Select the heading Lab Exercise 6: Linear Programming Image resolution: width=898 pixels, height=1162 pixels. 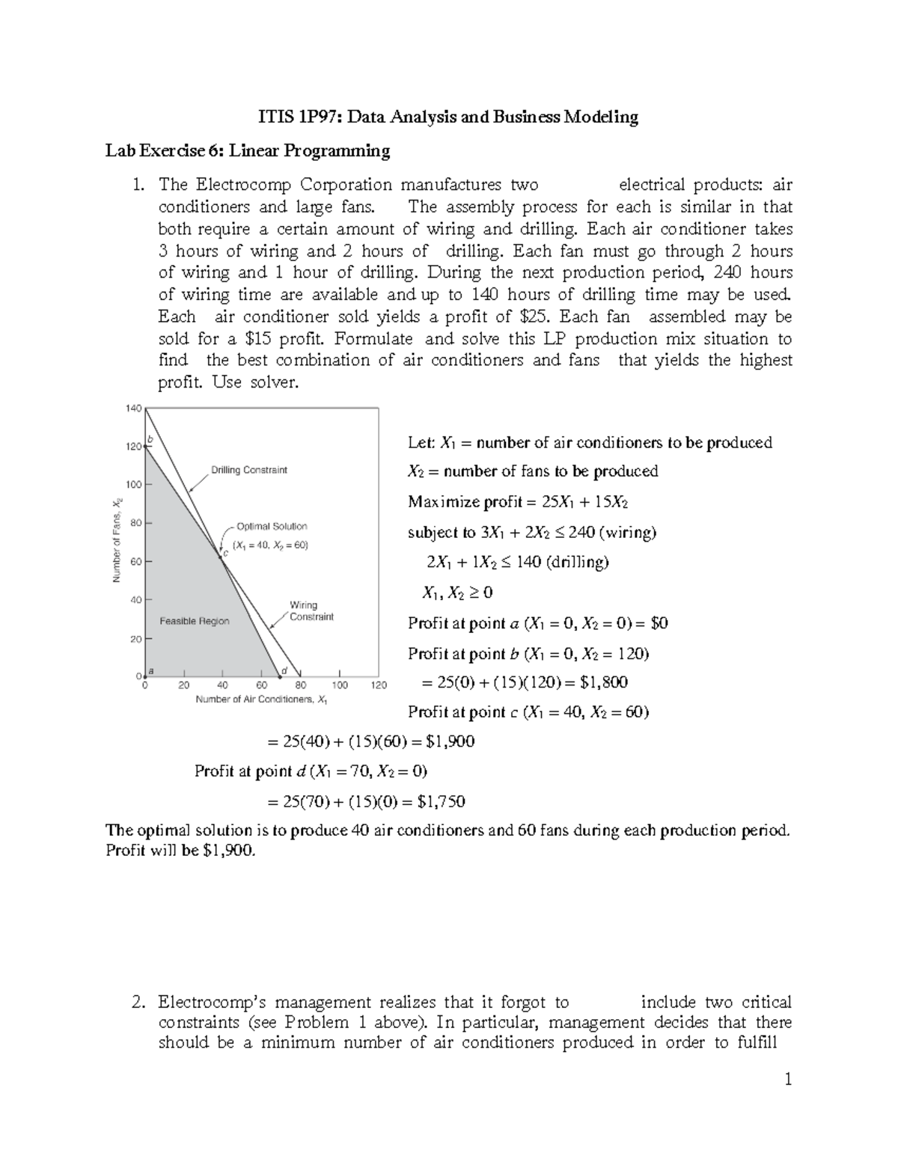247,151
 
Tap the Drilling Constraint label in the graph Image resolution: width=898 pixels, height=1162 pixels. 248,470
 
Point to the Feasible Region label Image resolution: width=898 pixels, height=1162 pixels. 195,621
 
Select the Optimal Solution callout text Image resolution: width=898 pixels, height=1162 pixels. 272,527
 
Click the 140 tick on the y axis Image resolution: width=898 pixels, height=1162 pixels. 133,409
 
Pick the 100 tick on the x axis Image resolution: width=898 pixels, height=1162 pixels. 340,685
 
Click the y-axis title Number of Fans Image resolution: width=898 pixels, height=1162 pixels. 117,540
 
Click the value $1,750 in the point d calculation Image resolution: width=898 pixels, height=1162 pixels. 441,802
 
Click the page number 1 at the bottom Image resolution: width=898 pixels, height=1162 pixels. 788,1080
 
